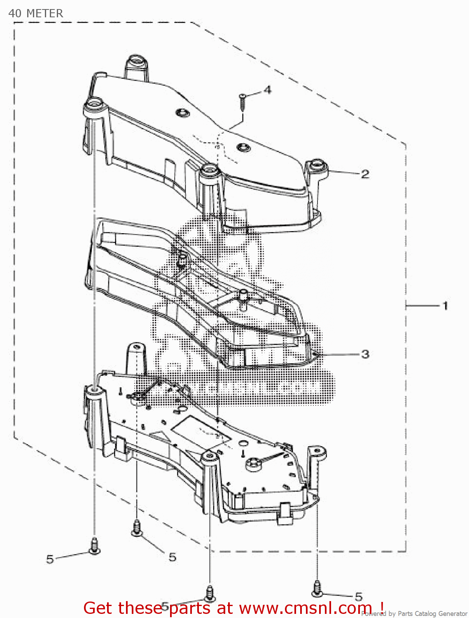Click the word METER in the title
point(44,14)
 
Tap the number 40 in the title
point(15,14)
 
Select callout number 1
point(445,306)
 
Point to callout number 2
point(365,174)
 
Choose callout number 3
point(365,354)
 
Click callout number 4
point(268,89)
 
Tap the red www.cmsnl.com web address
point(306,608)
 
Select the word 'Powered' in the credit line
point(374,614)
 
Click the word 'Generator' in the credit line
point(453,614)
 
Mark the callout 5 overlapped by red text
point(165,606)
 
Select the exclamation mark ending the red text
point(382,607)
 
